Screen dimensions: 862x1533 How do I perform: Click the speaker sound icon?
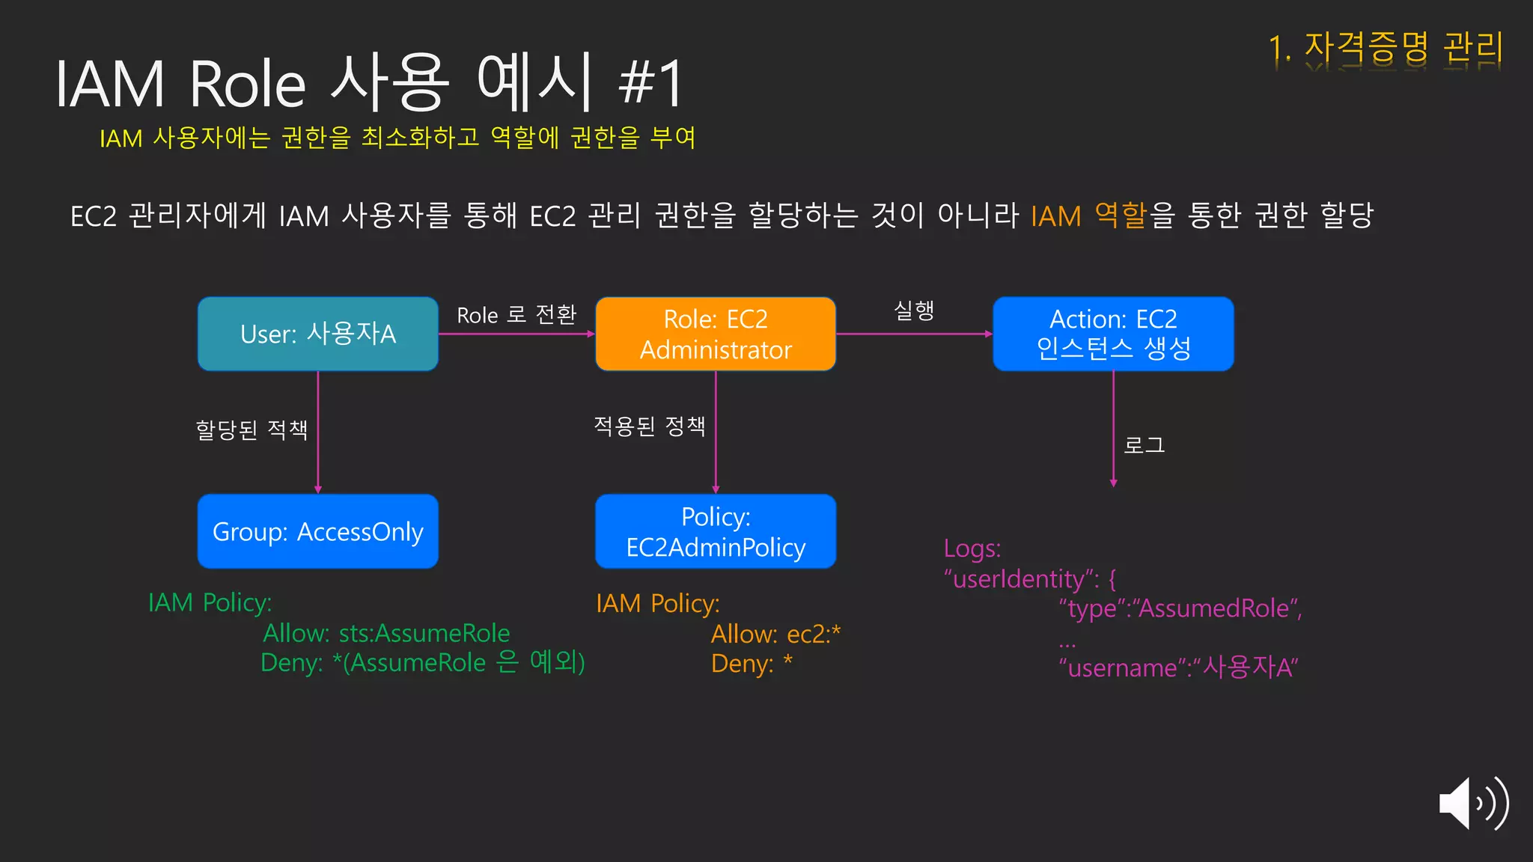1472,804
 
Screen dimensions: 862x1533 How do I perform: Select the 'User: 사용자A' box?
318,334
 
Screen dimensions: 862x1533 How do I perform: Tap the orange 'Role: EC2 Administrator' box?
716,334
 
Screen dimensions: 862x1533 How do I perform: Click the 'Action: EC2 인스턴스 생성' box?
1113,334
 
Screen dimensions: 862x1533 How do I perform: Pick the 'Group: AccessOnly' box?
318,531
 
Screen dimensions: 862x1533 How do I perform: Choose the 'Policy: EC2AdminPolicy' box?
716,531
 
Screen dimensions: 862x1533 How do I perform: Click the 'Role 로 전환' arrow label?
516,314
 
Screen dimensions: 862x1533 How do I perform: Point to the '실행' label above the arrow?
914,310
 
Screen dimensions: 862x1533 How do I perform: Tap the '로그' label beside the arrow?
1144,445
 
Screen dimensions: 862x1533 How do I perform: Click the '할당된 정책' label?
252,430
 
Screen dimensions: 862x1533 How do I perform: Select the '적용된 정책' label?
650,426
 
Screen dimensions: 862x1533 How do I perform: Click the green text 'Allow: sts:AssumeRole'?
386,633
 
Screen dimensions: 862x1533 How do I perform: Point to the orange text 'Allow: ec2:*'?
775,634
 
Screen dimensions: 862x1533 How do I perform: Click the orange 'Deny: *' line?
752,664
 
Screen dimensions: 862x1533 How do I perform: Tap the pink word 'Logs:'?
972,548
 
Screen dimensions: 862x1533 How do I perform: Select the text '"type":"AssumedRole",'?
1180,608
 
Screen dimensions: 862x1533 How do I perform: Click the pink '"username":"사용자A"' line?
1178,667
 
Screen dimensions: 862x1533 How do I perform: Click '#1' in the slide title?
650,83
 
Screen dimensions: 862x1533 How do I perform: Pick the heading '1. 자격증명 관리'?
1386,48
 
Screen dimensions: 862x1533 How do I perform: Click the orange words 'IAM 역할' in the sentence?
1088,215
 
